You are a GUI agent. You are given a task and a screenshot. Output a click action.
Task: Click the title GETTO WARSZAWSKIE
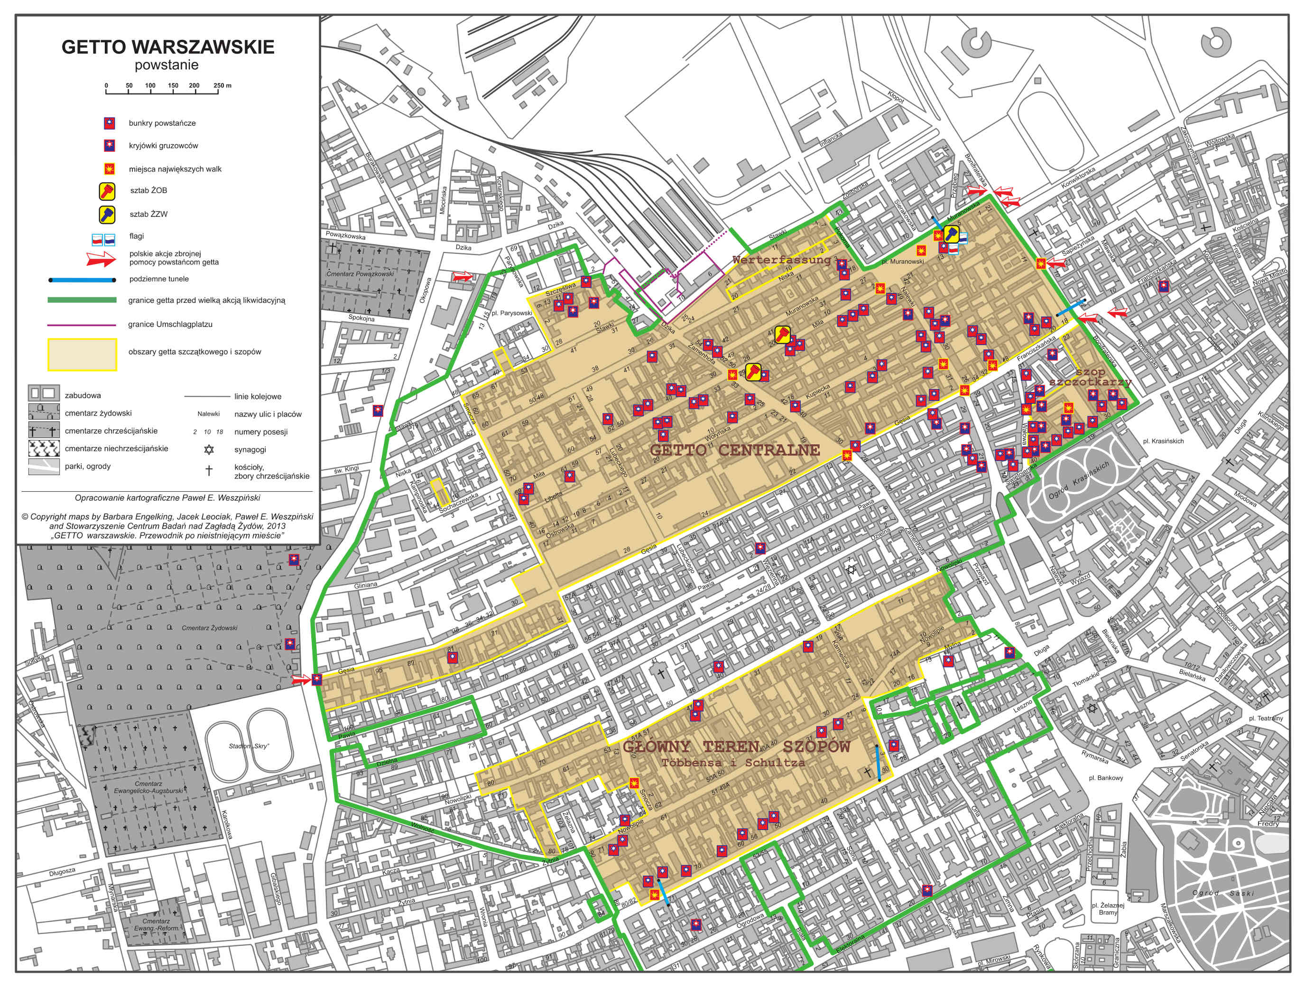(168, 47)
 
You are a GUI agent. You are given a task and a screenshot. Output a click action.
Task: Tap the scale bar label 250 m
(222, 85)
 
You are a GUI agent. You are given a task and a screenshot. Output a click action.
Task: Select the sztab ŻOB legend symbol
(110, 191)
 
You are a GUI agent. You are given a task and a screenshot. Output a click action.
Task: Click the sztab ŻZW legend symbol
(110, 214)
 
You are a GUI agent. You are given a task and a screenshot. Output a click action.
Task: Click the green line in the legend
(82, 300)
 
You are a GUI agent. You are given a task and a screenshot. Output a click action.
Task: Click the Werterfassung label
(782, 260)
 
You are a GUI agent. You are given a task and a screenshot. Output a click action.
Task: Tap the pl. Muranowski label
(902, 262)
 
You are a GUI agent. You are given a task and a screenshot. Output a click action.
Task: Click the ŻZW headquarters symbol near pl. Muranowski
(951, 234)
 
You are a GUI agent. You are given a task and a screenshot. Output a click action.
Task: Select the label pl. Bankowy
(1106, 778)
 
